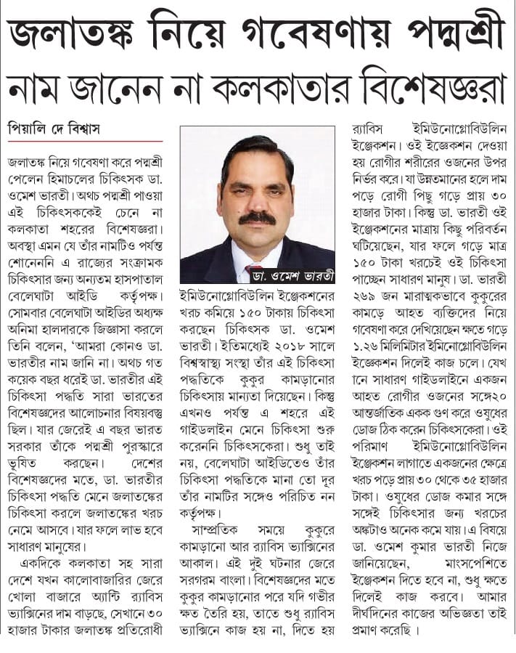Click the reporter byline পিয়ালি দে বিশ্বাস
pyautogui.click(x=54, y=129)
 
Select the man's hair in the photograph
pyautogui.click(x=258, y=149)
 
